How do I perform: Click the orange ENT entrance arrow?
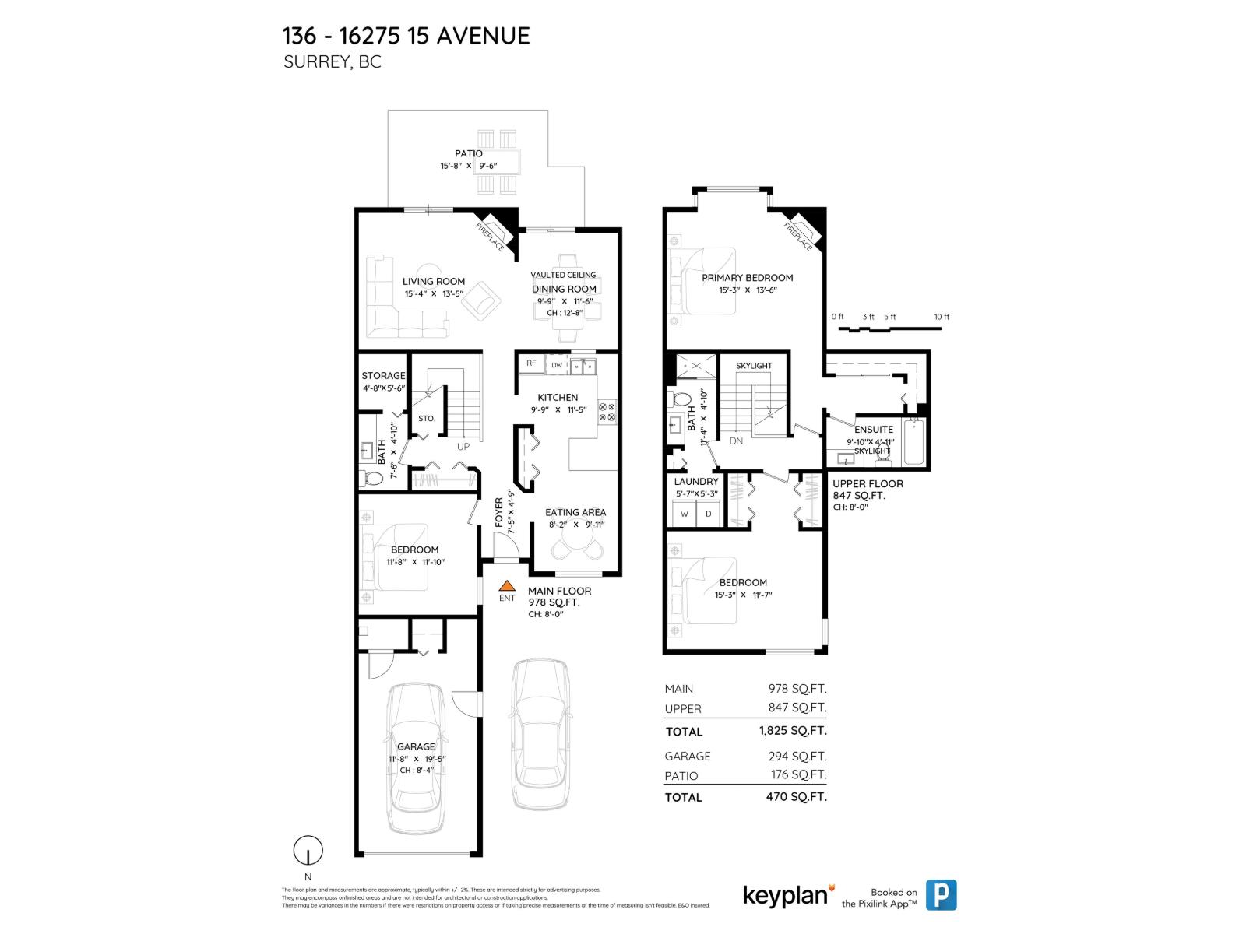(x=507, y=585)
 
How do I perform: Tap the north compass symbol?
(x=308, y=851)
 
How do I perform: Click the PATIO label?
(x=469, y=153)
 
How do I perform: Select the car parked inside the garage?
(x=417, y=757)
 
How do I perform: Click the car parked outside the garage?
(x=540, y=734)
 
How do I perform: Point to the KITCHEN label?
(x=558, y=397)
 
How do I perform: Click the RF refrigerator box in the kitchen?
(x=531, y=363)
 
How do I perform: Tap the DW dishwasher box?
(x=557, y=365)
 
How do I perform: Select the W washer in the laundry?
(x=685, y=514)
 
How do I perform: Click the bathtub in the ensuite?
(x=913, y=441)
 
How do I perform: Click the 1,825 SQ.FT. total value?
(x=792, y=731)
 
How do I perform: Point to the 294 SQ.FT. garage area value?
(x=797, y=756)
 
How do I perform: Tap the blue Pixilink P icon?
(x=941, y=895)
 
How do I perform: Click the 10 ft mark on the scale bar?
(x=942, y=317)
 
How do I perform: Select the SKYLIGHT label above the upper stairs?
(x=754, y=366)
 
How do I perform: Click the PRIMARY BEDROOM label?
(x=747, y=278)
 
